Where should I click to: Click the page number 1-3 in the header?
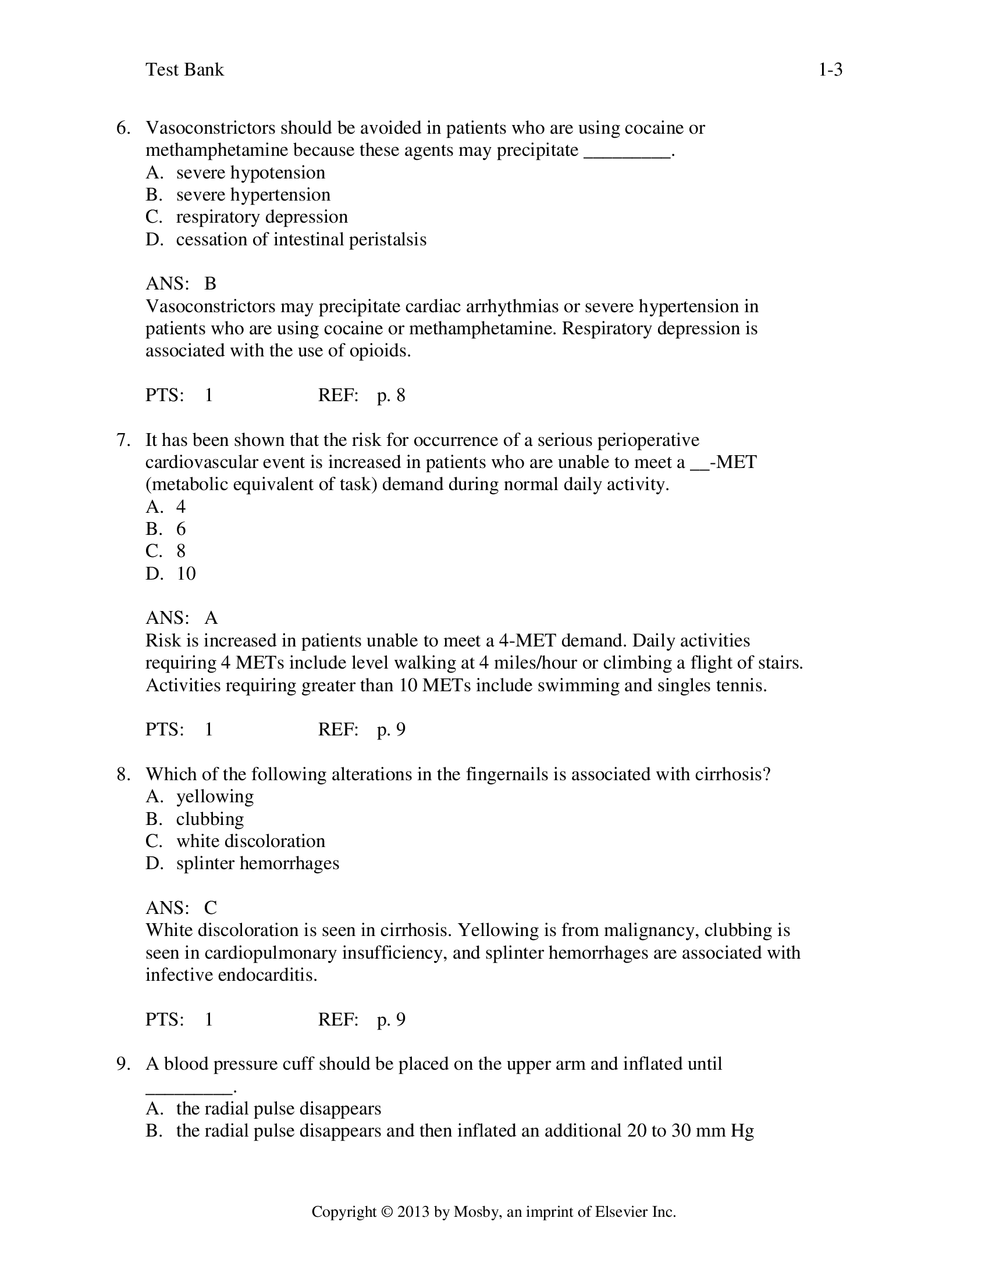(830, 70)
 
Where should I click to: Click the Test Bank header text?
(184, 70)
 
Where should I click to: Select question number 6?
(123, 128)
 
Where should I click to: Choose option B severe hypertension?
(252, 195)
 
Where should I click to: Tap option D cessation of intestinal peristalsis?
(301, 240)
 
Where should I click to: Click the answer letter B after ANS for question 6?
(211, 284)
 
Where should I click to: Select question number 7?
(123, 441)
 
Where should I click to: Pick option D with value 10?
(186, 573)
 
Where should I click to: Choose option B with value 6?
(181, 530)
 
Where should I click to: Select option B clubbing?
(210, 819)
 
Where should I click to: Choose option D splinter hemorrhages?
(257, 864)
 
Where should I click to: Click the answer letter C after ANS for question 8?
(211, 908)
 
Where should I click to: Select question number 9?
(123, 1064)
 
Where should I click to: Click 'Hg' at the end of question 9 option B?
(742, 1131)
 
